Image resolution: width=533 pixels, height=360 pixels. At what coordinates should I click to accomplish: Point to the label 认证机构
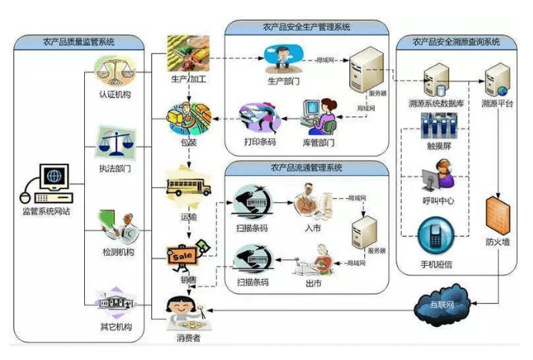(114, 96)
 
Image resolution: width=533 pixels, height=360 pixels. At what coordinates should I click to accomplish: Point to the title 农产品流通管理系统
(305, 167)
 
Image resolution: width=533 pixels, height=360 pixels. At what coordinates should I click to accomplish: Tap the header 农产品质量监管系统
(78, 42)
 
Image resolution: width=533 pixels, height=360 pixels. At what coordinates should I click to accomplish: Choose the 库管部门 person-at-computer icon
(319, 114)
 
